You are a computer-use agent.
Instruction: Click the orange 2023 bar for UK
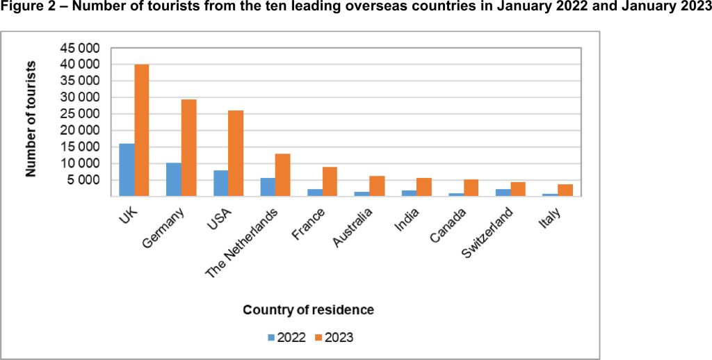click(x=142, y=130)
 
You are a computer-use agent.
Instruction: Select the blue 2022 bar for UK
click(x=127, y=170)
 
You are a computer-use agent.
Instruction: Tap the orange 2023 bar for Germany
click(x=188, y=147)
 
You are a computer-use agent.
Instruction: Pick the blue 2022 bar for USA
click(x=220, y=183)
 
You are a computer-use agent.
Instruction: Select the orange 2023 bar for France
click(x=330, y=181)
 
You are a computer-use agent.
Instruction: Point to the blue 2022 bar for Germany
click(x=173, y=179)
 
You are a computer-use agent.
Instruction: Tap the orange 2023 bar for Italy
click(x=565, y=190)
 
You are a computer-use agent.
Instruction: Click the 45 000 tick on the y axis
click(x=81, y=48)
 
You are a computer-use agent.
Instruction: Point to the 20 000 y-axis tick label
click(x=81, y=131)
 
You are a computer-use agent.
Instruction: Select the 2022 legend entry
click(x=285, y=338)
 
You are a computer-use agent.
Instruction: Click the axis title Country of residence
click(x=308, y=309)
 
